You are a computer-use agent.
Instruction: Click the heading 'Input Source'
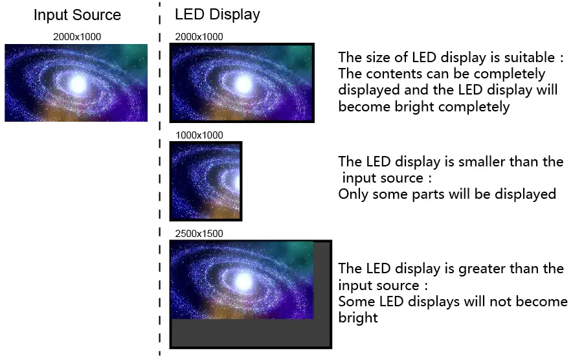point(77,15)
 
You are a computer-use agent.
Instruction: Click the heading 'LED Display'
point(217,15)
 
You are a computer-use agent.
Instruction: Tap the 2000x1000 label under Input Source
point(77,37)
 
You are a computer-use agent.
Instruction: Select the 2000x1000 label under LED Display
point(199,37)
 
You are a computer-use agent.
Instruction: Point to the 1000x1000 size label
point(199,135)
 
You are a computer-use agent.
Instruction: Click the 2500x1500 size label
point(199,232)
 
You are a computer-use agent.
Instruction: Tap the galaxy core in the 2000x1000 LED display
point(243,84)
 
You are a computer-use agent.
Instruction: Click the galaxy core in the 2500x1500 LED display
point(243,280)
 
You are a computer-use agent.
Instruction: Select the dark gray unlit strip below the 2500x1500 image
point(250,333)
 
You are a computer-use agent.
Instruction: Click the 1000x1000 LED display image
point(205,181)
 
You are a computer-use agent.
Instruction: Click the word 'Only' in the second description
point(353,194)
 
